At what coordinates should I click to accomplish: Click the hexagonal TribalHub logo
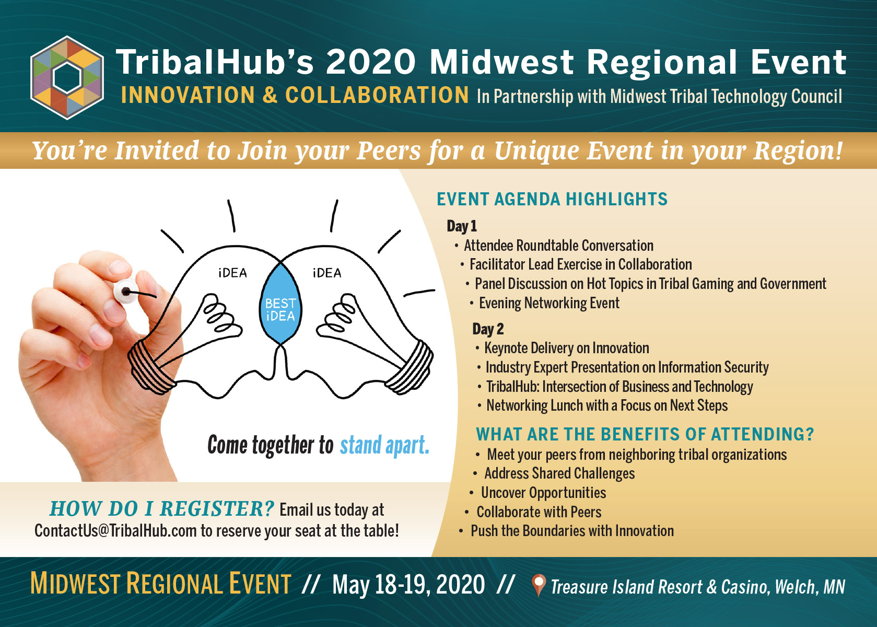click(x=67, y=77)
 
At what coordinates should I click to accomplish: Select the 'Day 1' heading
click(x=462, y=226)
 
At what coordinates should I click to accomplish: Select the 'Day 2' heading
click(x=488, y=329)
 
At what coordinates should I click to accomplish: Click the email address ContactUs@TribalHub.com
click(x=115, y=531)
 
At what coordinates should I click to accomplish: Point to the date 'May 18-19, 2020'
click(x=408, y=584)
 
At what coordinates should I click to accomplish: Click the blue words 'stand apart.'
click(x=384, y=445)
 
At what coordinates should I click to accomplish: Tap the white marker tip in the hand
click(x=126, y=292)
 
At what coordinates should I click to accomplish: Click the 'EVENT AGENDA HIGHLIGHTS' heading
click(x=552, y=199)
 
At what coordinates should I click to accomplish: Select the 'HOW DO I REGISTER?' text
click(x=162, y=509)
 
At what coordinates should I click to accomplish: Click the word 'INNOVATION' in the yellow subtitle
click(x=188, y=95)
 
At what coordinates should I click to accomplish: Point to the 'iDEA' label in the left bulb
click(x=232, y=273)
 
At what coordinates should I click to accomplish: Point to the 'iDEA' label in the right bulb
click(x=327, y=273)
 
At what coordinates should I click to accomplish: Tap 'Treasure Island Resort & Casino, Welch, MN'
click(x=698, y=587)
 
